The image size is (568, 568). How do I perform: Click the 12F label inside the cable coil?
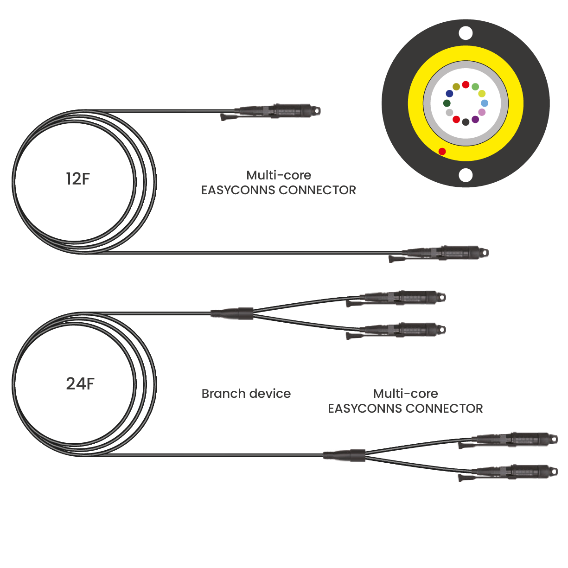(x=77, y=179)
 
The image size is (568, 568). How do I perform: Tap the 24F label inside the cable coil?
(x=80, y=384)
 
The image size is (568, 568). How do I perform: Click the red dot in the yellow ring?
(x=442, y=151)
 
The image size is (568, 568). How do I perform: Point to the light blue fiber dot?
(x=485, y=103)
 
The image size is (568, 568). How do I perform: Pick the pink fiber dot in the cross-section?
(x=482, y=112)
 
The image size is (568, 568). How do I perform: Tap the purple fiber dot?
(x=475, y=120)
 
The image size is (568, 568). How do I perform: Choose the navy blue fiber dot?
(x=449, y=94)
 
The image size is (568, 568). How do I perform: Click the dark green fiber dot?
(x=447, y=103)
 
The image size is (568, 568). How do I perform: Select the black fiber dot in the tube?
(x=466, y=122)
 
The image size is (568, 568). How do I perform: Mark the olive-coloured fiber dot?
(x=456, y=87)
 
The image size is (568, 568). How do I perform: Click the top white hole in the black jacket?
(x=466, y=33)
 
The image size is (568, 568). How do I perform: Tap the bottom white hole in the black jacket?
(x=466, y=175)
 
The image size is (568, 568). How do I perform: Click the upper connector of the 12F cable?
(x=278, y=111)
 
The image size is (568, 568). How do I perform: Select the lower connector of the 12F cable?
(x=445, y=253)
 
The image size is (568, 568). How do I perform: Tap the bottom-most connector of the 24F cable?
(x=515, y=472)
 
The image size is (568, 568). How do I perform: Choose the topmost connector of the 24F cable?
(x=403, y=297)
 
